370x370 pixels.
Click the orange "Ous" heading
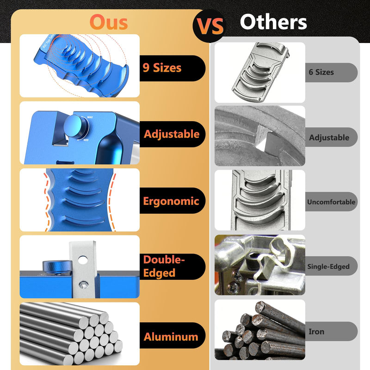(109, 22)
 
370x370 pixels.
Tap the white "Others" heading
(273, 22)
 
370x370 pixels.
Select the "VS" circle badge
(210, 26)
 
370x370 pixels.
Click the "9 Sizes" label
(162, 68)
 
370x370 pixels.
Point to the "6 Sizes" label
(321, 72)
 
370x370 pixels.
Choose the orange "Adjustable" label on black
(172, 134)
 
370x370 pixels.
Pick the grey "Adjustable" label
(329, 137)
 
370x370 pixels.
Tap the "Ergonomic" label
(171, 201)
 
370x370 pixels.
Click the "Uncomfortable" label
(331, 202)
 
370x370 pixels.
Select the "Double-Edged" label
(164, 266)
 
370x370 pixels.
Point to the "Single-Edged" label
(328, 266)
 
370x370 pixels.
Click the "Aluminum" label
(171, 337)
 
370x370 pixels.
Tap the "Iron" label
(316, 332)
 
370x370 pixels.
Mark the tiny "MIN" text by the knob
(86, 140)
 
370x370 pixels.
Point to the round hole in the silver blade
(83, 260)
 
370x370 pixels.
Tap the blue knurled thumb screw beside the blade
(57, 266)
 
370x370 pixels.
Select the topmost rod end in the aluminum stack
(104, 318)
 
